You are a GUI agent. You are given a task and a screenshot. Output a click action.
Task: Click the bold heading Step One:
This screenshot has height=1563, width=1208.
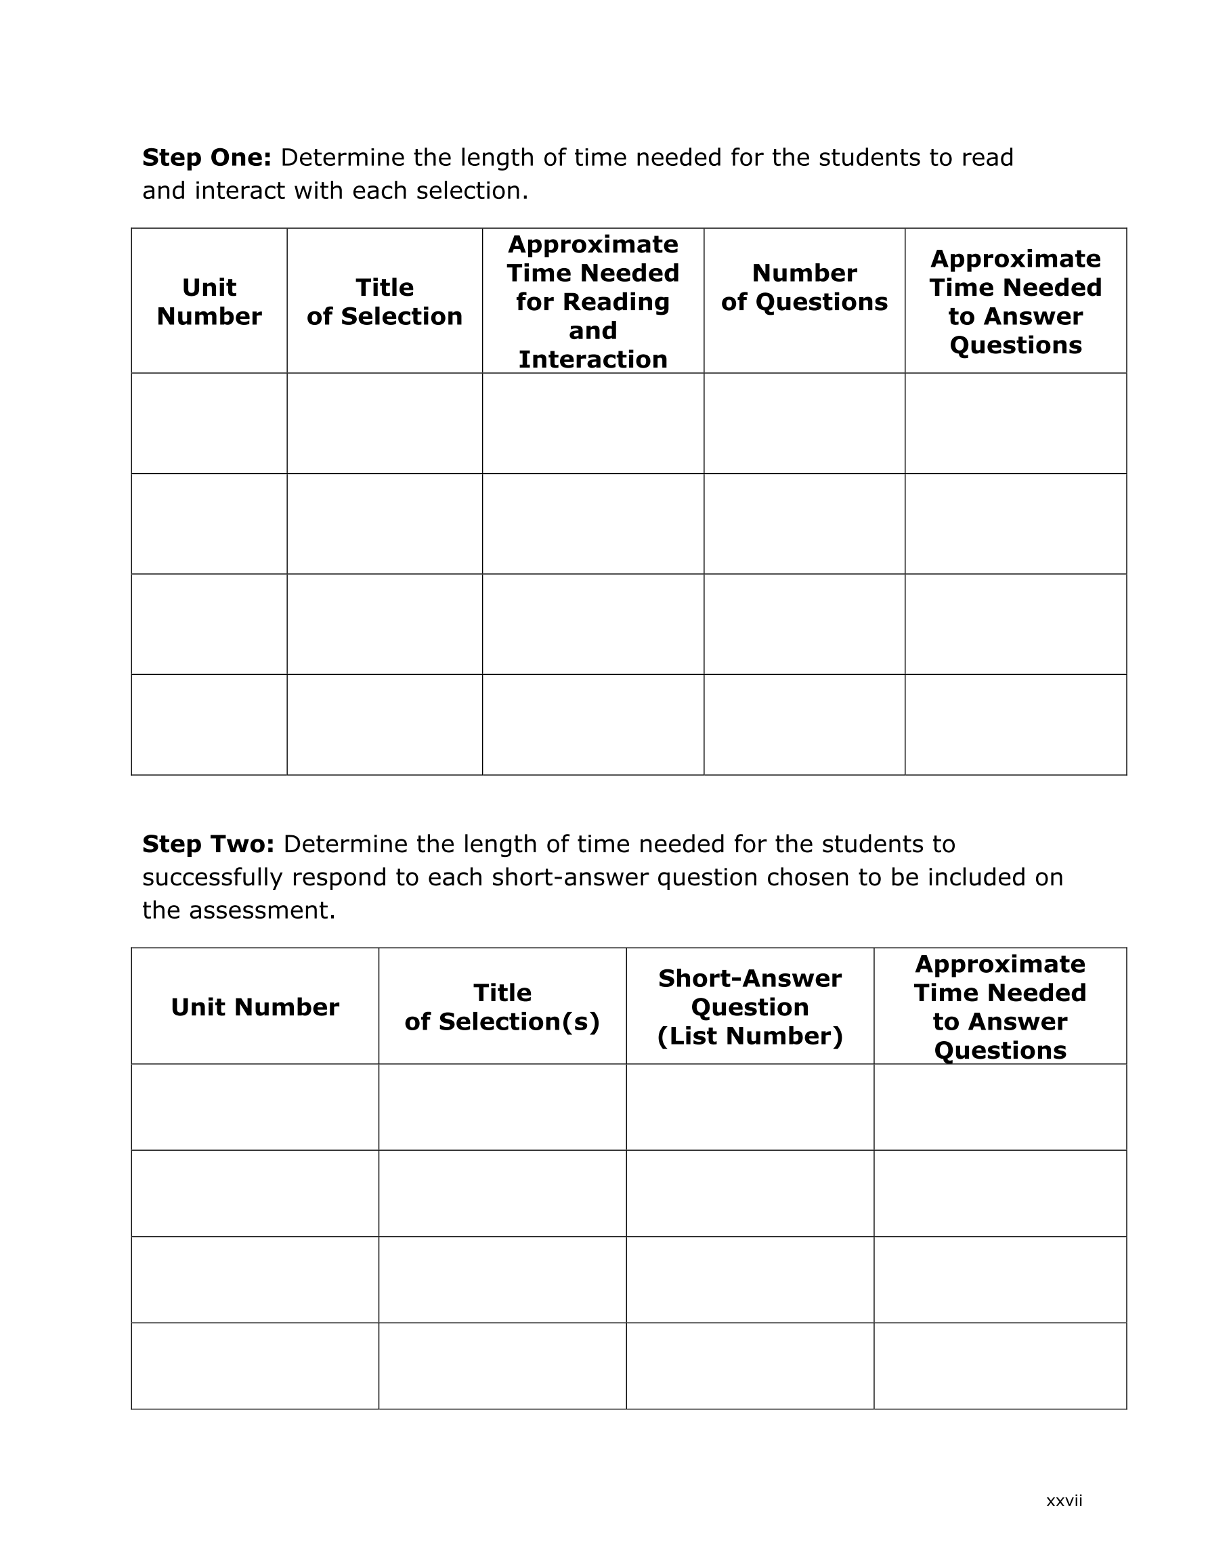click(207, 158)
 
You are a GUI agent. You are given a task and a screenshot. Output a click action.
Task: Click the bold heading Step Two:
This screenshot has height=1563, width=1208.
click(208, 845)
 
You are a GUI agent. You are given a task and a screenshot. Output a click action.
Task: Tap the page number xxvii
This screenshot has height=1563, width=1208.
click(1063, 1501)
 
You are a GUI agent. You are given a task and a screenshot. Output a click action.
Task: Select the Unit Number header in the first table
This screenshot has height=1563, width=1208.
click(209, 301)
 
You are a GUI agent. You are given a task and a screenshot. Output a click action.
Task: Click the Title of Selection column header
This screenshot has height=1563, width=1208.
click(385, 301)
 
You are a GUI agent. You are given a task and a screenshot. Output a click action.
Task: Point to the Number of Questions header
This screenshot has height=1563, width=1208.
click(804, 287)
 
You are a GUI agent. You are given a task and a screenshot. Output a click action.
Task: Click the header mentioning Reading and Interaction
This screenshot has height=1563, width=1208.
click(593, 301)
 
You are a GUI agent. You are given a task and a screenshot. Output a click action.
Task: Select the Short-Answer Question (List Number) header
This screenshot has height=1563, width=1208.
click(750, 1007)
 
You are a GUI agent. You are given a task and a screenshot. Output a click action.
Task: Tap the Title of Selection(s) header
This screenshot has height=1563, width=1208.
click(502, 1007)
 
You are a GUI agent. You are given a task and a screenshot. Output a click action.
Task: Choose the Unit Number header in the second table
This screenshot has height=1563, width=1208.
click(255, 1007)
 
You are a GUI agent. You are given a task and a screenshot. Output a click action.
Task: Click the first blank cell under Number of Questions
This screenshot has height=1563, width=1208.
click(804, 423)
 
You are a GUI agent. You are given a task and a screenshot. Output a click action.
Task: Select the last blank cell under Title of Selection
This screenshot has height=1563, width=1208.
click(385, 724)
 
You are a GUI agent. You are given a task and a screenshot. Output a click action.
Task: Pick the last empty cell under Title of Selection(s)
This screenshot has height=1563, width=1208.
click(502, 1366)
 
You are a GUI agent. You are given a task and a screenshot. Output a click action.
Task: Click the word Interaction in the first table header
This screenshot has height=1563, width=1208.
click(593, 359)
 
